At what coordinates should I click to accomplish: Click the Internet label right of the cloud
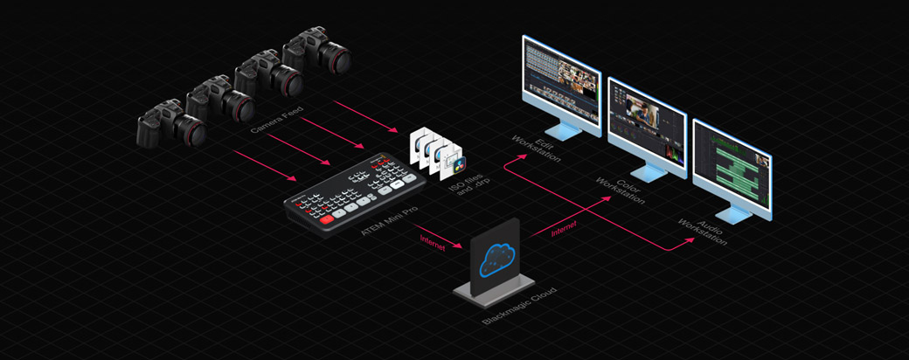pyautogui.click(x=565, y=229)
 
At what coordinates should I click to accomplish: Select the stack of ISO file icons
pyautogui.click(x=436, y=149)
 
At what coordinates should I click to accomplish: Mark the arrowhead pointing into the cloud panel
pyautogui.click(x=462, y=247)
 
